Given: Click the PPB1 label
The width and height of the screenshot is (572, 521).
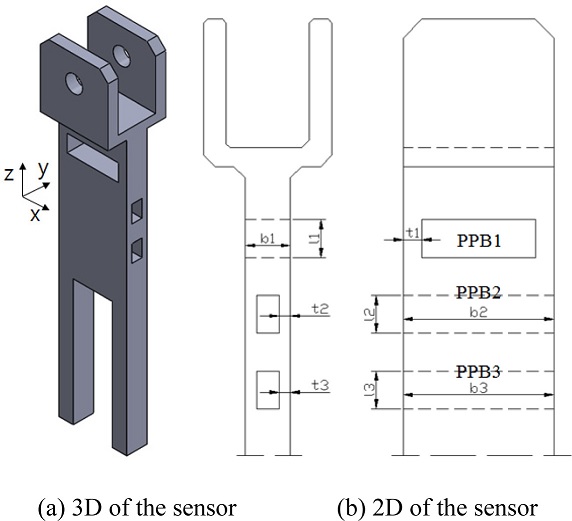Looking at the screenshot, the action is click(x=479, y=241).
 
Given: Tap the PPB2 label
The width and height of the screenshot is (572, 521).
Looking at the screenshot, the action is click(x=479, y=292).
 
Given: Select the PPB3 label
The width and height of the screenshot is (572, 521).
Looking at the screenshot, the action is click(x=479, y=372).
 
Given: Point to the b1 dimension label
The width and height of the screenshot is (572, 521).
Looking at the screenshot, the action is click(x=268, y=239).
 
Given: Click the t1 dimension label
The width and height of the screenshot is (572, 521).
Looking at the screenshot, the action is click(x=413, y=233).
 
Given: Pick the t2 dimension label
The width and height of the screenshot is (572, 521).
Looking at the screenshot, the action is click(x=320, y=309).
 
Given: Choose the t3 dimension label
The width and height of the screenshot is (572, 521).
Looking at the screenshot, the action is click(x=320, y=385).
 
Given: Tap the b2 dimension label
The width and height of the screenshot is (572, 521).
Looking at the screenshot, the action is click(x=479, y=313).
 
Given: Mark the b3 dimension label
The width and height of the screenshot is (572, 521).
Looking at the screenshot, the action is click(x=479, y=388).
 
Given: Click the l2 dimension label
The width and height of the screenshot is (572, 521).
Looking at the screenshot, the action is click(x=369, y=313).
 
